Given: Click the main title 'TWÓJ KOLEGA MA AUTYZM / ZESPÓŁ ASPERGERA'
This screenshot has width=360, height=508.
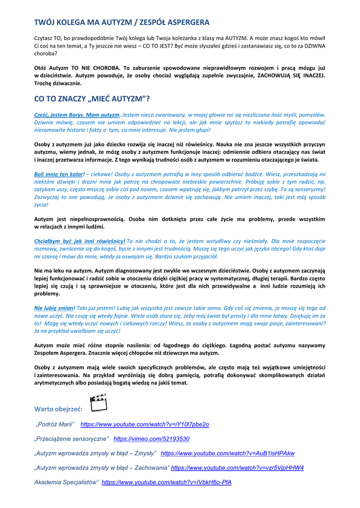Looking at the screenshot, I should pos(122,22).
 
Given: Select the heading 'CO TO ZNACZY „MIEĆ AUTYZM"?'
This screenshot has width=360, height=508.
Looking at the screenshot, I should pos(92,98).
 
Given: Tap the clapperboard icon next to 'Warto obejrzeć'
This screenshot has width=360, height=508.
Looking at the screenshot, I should pos(98,403).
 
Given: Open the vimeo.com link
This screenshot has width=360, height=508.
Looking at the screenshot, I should pos(151,439).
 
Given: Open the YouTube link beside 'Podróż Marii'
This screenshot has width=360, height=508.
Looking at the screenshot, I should pos(144,425).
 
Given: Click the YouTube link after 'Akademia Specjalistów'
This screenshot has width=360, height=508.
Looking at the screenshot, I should pos(166,482).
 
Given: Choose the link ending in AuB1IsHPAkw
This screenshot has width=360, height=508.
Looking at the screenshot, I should pos(227,453).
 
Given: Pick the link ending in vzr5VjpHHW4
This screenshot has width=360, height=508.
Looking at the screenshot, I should pos(237,468).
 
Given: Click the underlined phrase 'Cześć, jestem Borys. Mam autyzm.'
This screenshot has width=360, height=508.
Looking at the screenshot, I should pos(77,115).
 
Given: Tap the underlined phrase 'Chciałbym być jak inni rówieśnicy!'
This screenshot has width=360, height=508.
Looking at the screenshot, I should pos(79,241).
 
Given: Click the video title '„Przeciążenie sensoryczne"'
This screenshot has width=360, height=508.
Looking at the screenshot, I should pos(72,439).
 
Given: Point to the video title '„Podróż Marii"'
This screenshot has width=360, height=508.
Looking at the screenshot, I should pos(55,425).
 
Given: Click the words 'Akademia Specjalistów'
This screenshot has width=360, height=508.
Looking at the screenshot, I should pos(66,482).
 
